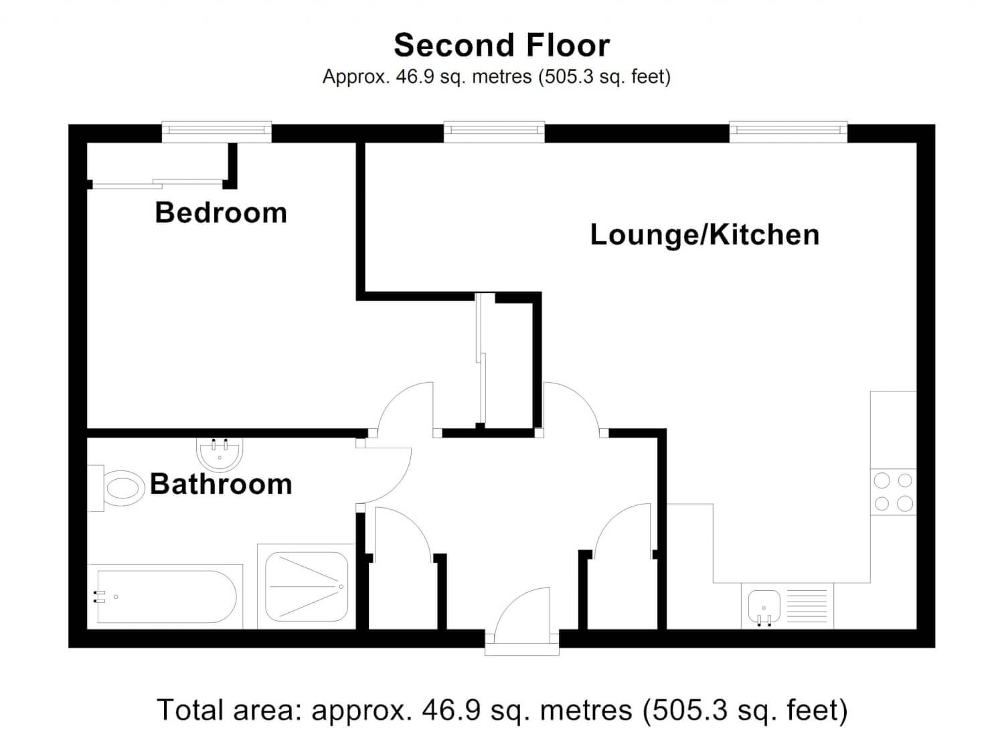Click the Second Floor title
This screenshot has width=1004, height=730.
[501, 45]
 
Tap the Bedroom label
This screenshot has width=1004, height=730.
[221, 213]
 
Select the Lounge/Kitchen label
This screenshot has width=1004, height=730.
[704, 235]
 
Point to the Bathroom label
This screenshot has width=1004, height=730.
[221, 484]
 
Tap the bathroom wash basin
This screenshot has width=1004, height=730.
[219, 454]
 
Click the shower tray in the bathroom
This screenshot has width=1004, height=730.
[307, 587]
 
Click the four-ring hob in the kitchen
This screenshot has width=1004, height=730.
[893, 492]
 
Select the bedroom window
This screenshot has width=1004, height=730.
[216, 131]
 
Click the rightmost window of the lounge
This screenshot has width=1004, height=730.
[788, 131]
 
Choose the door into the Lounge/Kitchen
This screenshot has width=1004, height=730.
[570, 407]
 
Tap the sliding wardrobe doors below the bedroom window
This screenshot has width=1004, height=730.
[157, 183]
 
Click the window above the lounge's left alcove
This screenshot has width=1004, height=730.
[494, 131]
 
